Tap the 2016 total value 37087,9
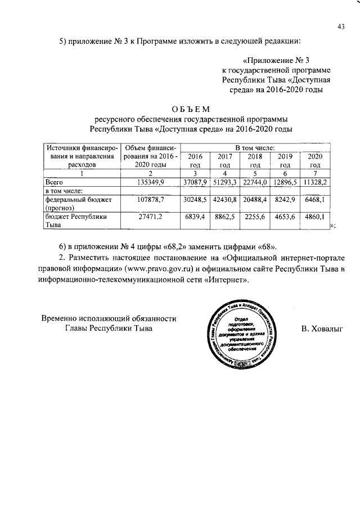pos(196,182)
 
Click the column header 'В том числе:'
pos(255,147)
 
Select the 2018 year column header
pos(255,160)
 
